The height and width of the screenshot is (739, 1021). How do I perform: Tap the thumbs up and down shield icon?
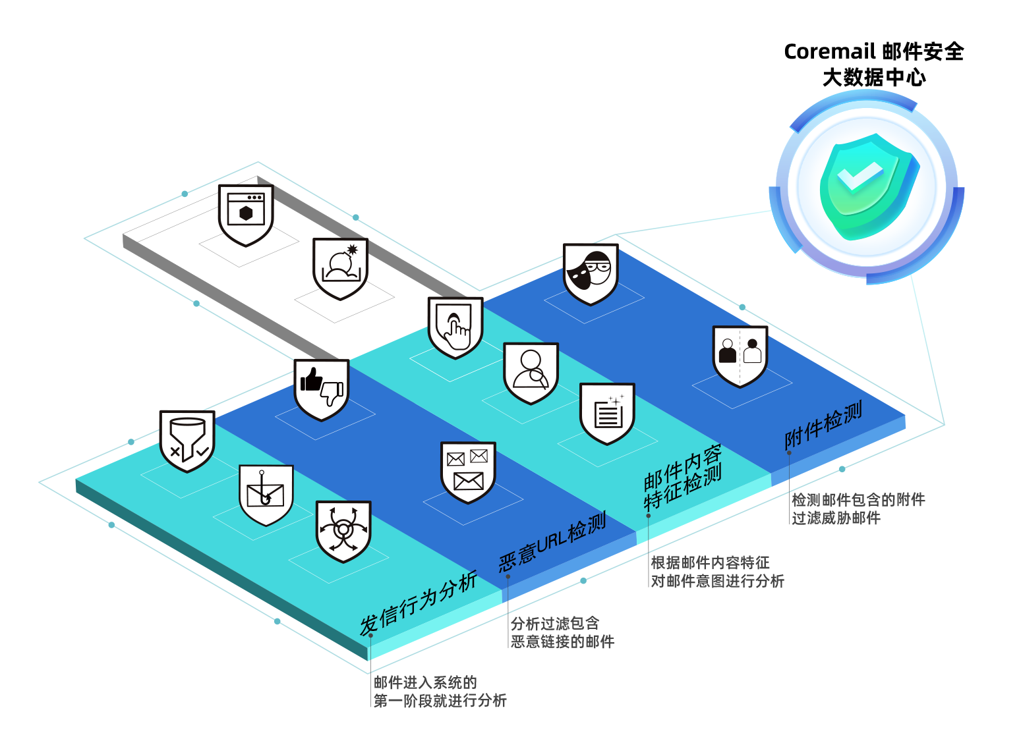tap(321, 389)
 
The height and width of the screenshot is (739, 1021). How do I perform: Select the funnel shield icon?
tap(187, 441)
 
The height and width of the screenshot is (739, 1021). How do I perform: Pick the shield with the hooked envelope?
tap(266, 495)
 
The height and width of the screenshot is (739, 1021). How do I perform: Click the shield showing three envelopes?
tap(468, 472)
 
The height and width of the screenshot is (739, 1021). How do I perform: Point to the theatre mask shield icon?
tap(591, 273)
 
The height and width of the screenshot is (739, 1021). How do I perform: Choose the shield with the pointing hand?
tap(455, 327)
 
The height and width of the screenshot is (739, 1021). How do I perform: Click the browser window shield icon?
tap(246, 215)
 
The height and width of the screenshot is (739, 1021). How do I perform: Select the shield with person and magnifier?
tap(531, 373)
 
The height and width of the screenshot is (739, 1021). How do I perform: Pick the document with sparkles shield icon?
tap(607, 413)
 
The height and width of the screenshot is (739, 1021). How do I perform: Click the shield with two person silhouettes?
tap(740, 356)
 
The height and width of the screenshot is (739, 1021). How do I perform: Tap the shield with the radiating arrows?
tap(343, 531)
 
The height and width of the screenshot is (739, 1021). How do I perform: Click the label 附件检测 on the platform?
tap(823, 426)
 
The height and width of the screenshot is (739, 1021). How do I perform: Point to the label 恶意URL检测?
tap(552, 542)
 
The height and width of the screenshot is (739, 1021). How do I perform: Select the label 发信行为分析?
tap(419, 603)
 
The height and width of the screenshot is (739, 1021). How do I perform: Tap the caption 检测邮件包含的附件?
tap(858, 500)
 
